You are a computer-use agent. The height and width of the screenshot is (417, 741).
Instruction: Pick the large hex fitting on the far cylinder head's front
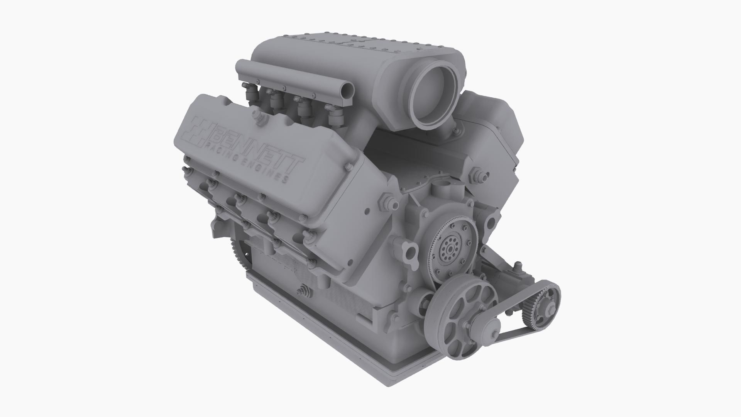[479, 176]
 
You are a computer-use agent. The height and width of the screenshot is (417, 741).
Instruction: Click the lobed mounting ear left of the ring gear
[409, 255]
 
